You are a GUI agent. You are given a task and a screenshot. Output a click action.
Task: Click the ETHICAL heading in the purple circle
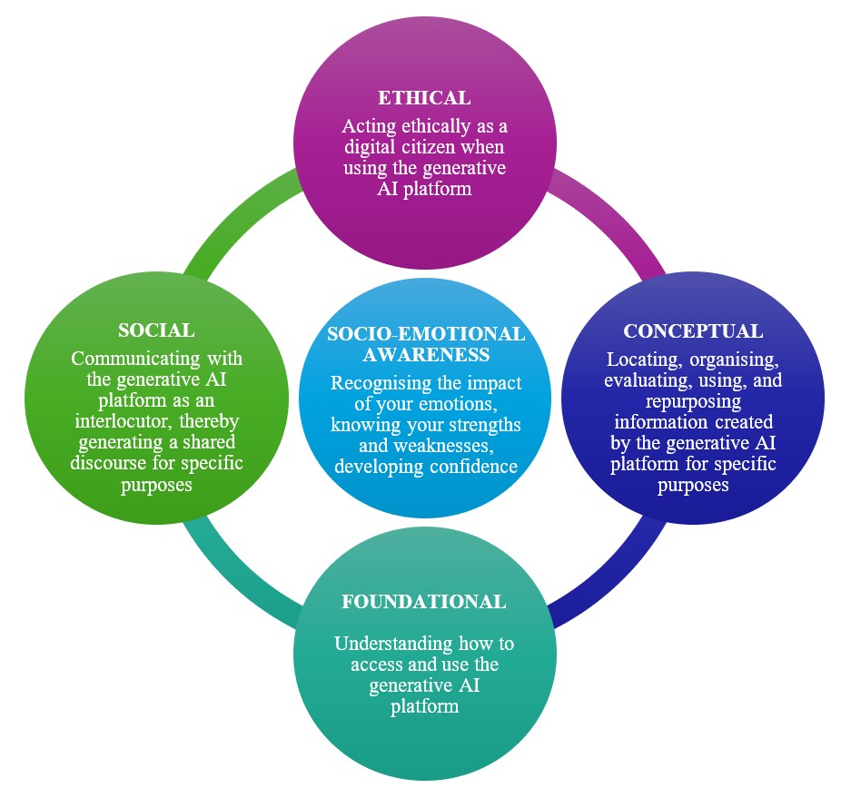point(424,97)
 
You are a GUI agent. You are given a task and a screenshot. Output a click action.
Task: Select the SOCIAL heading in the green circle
point(156,330)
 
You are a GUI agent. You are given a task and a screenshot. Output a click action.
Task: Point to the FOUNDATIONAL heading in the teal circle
point(424,602)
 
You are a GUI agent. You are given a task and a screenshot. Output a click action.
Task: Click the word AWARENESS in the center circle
point(425,354)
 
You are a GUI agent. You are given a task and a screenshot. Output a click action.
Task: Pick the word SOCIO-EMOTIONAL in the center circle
point(425,334)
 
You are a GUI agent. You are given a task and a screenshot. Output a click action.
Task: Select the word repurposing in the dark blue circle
point(692,400)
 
